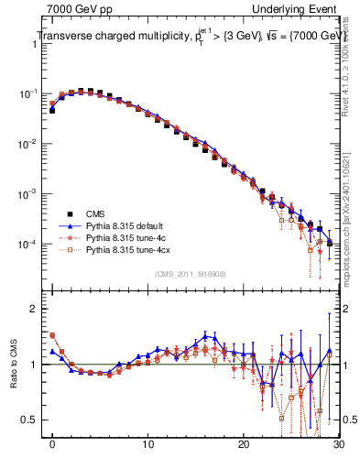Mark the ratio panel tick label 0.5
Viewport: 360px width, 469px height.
click(34, 420)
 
